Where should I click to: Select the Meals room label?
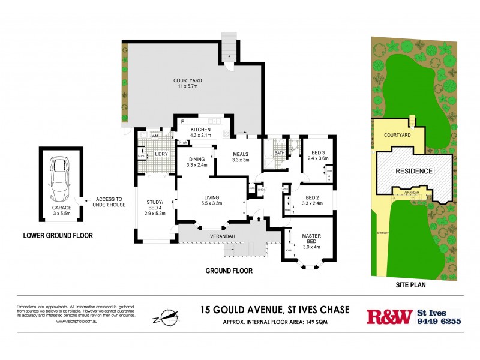[x=240, y=155]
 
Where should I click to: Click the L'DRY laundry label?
[x=160, y=154]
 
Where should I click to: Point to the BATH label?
[x=280, y=153]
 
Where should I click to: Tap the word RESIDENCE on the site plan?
[x=413, y=171]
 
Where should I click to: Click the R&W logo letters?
[x=389, y=316]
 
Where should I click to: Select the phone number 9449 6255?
[x=439, y=321]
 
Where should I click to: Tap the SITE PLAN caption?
[x=411, y=286]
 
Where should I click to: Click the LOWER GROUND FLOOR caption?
[x=58, y=236]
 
